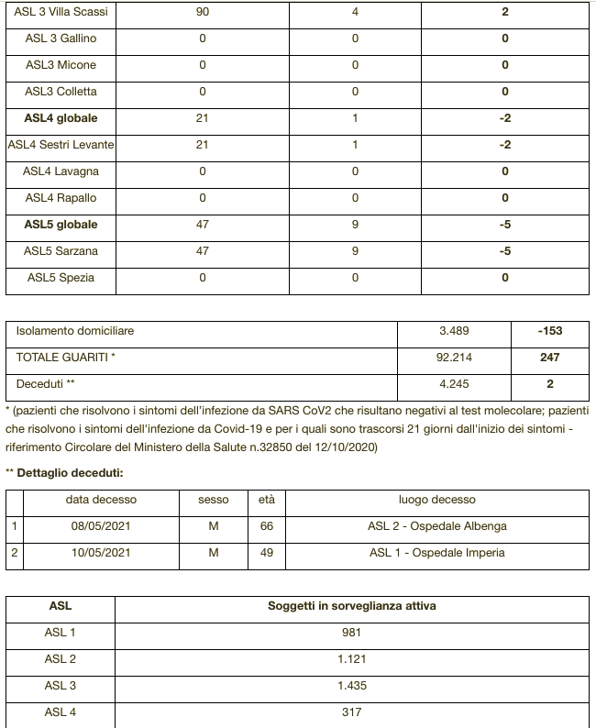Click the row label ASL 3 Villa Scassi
tap(61, 13)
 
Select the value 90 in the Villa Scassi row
tap(202, 13)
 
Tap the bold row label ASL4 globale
tap(61, 119)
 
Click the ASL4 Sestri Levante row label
tap(61, 145)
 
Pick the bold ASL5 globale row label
tap(61, 225)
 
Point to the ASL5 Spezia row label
tap(61, 278)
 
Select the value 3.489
tap(455, 331)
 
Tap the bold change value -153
tap(550, 331)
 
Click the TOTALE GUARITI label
tap(65, 358)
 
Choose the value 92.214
tap(455, 358)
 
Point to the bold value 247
tap(550, 358)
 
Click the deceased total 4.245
tap(455, 384)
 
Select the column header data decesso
tap(101, 500)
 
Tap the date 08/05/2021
tap(101, 526)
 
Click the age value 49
tap(267, 553)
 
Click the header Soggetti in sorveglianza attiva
tap(351, 606)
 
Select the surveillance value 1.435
tap(351, 686)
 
